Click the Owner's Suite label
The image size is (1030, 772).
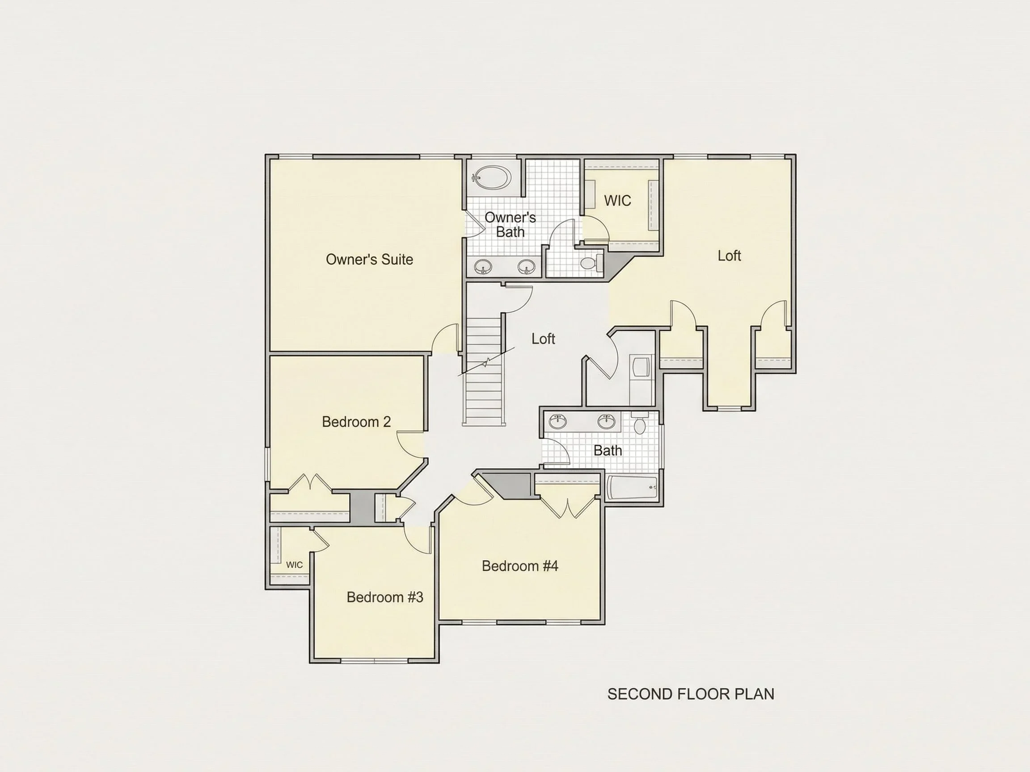click(x=369, y=259)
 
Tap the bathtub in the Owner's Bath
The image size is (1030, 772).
click(x=491, y=177)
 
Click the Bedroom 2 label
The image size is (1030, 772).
click(x=356, y=422)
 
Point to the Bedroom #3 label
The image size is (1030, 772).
click(x=385, y=597)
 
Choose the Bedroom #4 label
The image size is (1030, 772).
click(x=519, y=566)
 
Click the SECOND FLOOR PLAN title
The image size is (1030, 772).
click(x=691, y=694)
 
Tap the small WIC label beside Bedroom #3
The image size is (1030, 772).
click(x=294, y=565)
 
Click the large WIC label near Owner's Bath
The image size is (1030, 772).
click(x=617, y=201)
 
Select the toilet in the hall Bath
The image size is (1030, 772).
click(x=639, y=423)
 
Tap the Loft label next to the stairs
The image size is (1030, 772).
click(x=544, y=339)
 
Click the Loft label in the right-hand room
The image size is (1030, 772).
click(x=729, y=256)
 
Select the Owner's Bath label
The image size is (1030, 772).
click(x=511, y=224)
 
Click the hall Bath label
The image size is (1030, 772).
click(x=608, y=450)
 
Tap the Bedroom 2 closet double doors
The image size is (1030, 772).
click(x=310, y=483)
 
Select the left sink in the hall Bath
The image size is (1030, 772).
click(x=557, y=421)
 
